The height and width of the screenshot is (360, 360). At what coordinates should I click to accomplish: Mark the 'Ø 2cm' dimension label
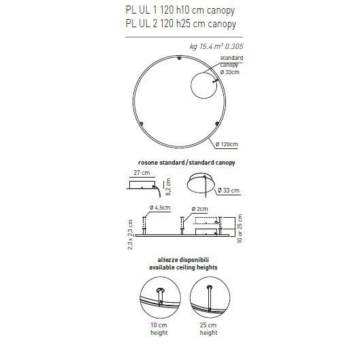(x=200, y=207)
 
